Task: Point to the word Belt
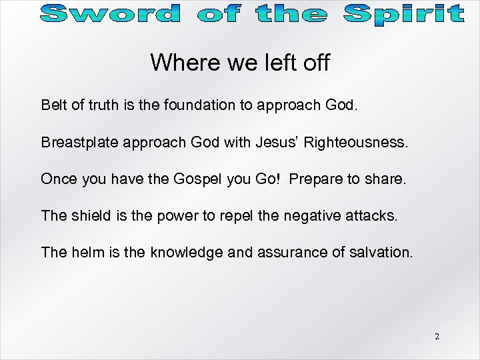click(53, 105)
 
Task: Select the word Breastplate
click(78, 142)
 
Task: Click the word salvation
click(385, 252)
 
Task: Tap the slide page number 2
click(437, 337)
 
